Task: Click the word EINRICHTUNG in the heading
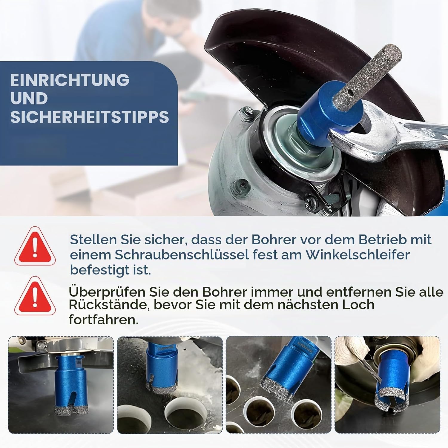point(70,80)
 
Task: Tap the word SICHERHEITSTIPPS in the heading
point(90,117)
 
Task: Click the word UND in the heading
point(29,99)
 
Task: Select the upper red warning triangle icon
point(35,246)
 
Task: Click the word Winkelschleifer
point(357,254)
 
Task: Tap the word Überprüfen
point(107,292)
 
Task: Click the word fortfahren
point(104,320)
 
